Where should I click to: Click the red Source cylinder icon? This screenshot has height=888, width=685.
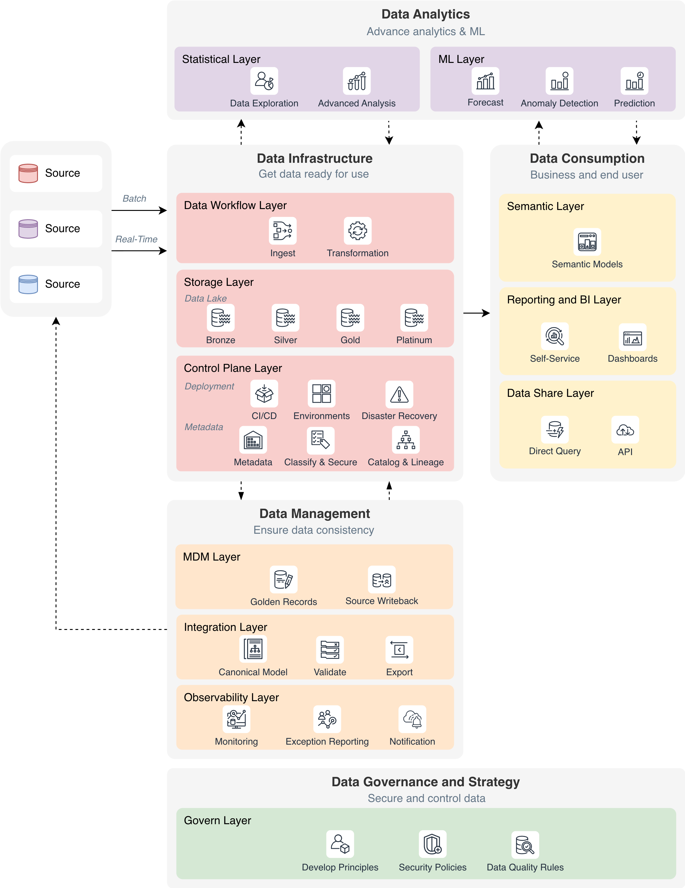pos(28,173)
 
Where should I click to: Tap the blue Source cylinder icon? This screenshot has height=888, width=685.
pos(28,284)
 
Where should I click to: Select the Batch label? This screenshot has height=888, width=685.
pos(134,199)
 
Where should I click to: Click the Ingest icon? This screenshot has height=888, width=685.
pos(283,231)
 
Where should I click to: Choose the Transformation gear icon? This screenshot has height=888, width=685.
pos(358,231)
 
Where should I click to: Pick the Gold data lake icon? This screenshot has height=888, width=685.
pos(350,318)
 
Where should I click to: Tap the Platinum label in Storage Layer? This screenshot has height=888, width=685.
pos(414,340)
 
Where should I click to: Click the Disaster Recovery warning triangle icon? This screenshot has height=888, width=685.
pos(399,394)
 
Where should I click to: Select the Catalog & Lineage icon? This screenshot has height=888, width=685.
pos(405,440)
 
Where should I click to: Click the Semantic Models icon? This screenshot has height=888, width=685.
pos(587,242)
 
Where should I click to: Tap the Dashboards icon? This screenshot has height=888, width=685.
pos(632,337)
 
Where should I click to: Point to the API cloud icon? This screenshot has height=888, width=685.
pos(625,430)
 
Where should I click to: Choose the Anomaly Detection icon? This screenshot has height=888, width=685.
pos(559,81)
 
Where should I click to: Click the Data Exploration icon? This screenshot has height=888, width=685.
pos(264,81)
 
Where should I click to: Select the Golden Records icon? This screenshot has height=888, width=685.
pos(284,579)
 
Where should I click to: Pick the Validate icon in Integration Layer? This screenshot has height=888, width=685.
pos(330,649)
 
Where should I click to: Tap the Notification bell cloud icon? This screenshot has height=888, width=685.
pos(412,719)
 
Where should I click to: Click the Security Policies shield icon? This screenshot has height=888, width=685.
pos(432,845)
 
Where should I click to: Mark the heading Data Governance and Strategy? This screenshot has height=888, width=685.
pos(426,782)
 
